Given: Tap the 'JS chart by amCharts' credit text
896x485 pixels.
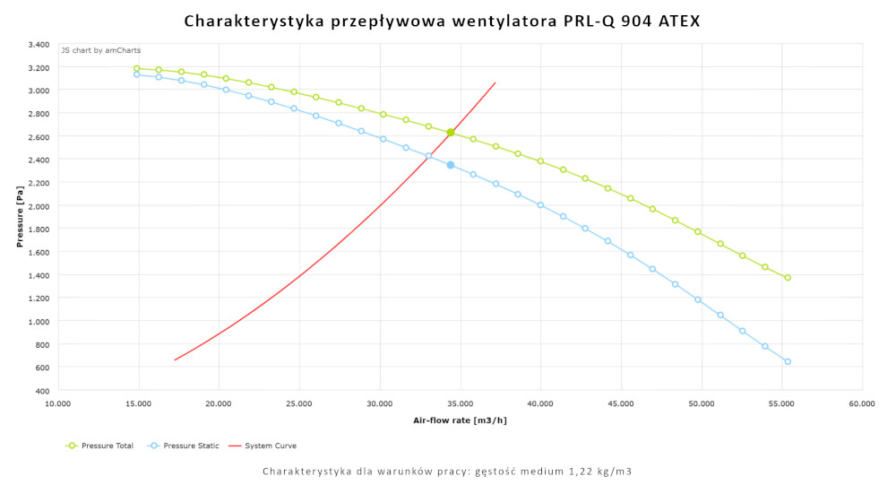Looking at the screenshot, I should [x=101, y=50].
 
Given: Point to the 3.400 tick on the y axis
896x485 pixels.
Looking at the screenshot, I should [x=39, y=44].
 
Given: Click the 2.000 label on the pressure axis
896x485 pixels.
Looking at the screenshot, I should [x=39, y=205].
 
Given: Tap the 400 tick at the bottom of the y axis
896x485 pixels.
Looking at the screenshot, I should [x=43, y=390].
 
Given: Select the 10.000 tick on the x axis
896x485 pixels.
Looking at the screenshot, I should [x=58, y=404].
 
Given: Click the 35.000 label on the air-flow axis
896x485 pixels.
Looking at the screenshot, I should [x=461, y=404].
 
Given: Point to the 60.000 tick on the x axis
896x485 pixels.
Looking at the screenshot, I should [x=862, y=404].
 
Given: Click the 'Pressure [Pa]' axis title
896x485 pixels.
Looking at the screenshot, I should [x=20, y=217].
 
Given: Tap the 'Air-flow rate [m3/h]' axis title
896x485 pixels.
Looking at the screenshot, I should [x=460, y=420].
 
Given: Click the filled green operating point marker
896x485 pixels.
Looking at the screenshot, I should [x=451, y=133].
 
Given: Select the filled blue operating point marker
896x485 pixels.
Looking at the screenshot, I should [x=451, y=165].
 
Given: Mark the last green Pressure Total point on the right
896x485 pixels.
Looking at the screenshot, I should [x=788, y=278].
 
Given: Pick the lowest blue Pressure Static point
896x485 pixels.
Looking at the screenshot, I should [x=788, y=361].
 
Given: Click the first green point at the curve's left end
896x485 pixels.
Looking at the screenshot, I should [x=137, y=68].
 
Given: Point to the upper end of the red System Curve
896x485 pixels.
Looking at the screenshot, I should [x=495, y=83].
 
